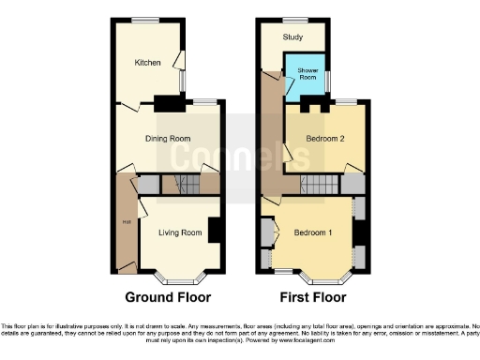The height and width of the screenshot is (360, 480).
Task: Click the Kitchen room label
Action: point(147,64)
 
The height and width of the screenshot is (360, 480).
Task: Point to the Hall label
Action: point(124,222)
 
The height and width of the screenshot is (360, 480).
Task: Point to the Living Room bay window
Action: point(178,277)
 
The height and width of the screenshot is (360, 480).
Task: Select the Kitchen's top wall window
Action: point(144,20)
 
